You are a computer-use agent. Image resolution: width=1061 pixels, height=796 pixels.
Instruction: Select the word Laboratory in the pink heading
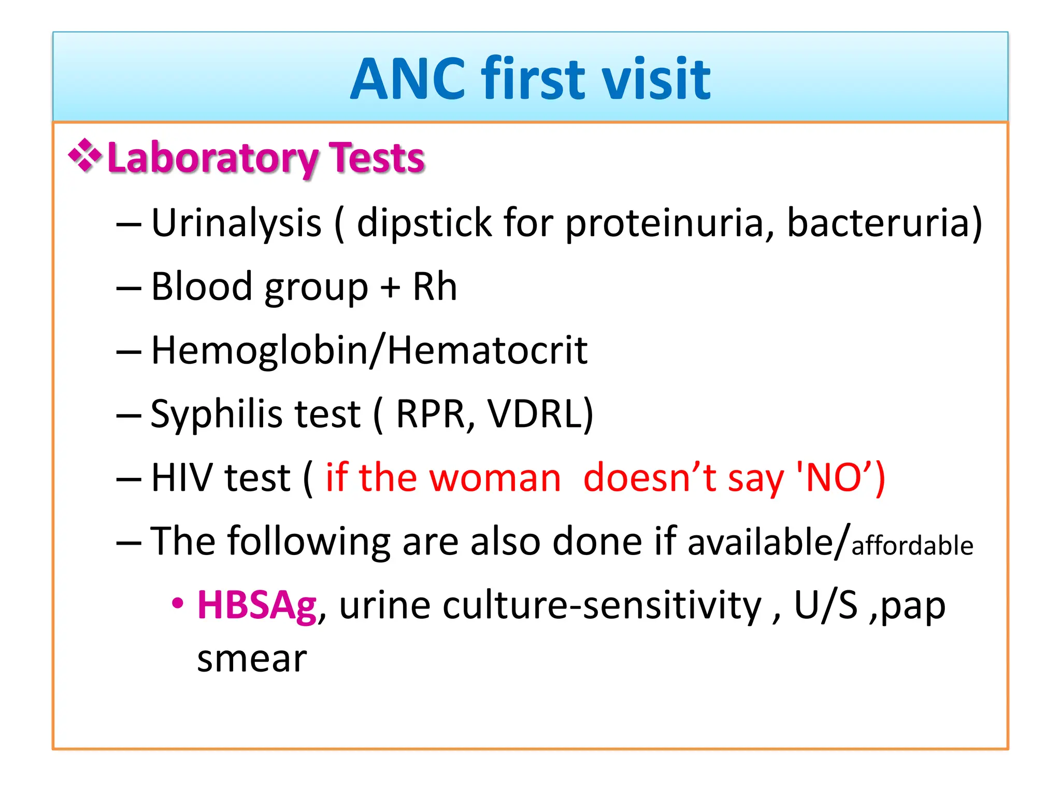click(212, 158)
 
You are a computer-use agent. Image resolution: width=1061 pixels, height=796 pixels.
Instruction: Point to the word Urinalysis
click(236, 223)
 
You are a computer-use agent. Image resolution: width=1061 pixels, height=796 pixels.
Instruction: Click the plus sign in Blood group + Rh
click(390, 288)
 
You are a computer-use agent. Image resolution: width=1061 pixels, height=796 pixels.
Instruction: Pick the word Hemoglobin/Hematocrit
click(369, 351)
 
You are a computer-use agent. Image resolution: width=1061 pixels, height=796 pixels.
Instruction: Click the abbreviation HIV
click(182, 478)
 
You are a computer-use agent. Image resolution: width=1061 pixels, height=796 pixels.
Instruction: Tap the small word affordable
click(912, 546)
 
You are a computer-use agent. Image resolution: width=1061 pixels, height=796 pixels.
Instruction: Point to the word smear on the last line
click(252, 659)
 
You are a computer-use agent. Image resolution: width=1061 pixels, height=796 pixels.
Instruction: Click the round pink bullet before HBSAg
click(178, 604)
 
